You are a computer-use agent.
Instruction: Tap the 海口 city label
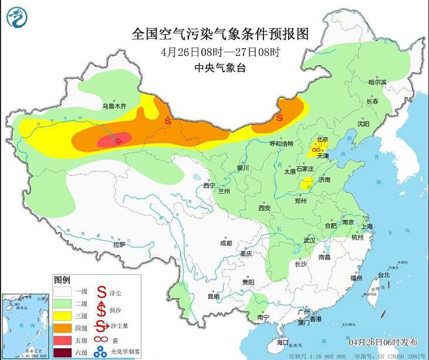(x=282, y=342)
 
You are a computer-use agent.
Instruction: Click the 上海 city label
(x=367, y=226)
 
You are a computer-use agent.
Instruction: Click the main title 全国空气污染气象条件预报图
(x=220, y=33)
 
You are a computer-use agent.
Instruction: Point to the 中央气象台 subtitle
(x=220, y=68)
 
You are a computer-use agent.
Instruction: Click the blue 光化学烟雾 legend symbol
(x=102, y=352)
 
